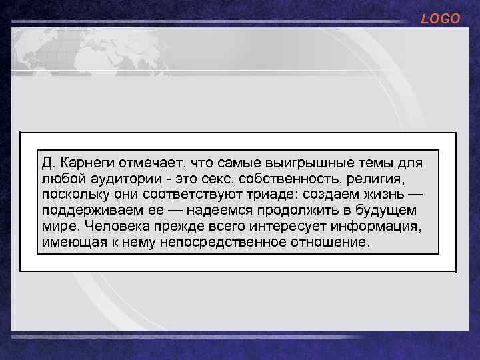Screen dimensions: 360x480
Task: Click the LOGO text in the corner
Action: (440, 19)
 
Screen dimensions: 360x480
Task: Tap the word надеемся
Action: (218, 211)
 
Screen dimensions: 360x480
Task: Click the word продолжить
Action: (299, 211)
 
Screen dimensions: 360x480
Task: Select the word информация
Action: (379, 227)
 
